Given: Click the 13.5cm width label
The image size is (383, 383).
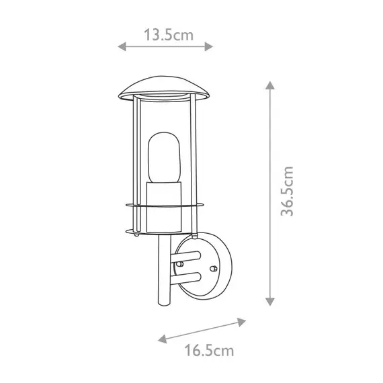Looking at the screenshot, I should click(x=165, y=36).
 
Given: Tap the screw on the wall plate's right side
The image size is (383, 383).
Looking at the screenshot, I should click(x=215, y=268).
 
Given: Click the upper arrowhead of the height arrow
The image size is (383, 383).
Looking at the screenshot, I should click(x=270, y=85).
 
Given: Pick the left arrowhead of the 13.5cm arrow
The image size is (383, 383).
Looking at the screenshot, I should click(x=121, y=46).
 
